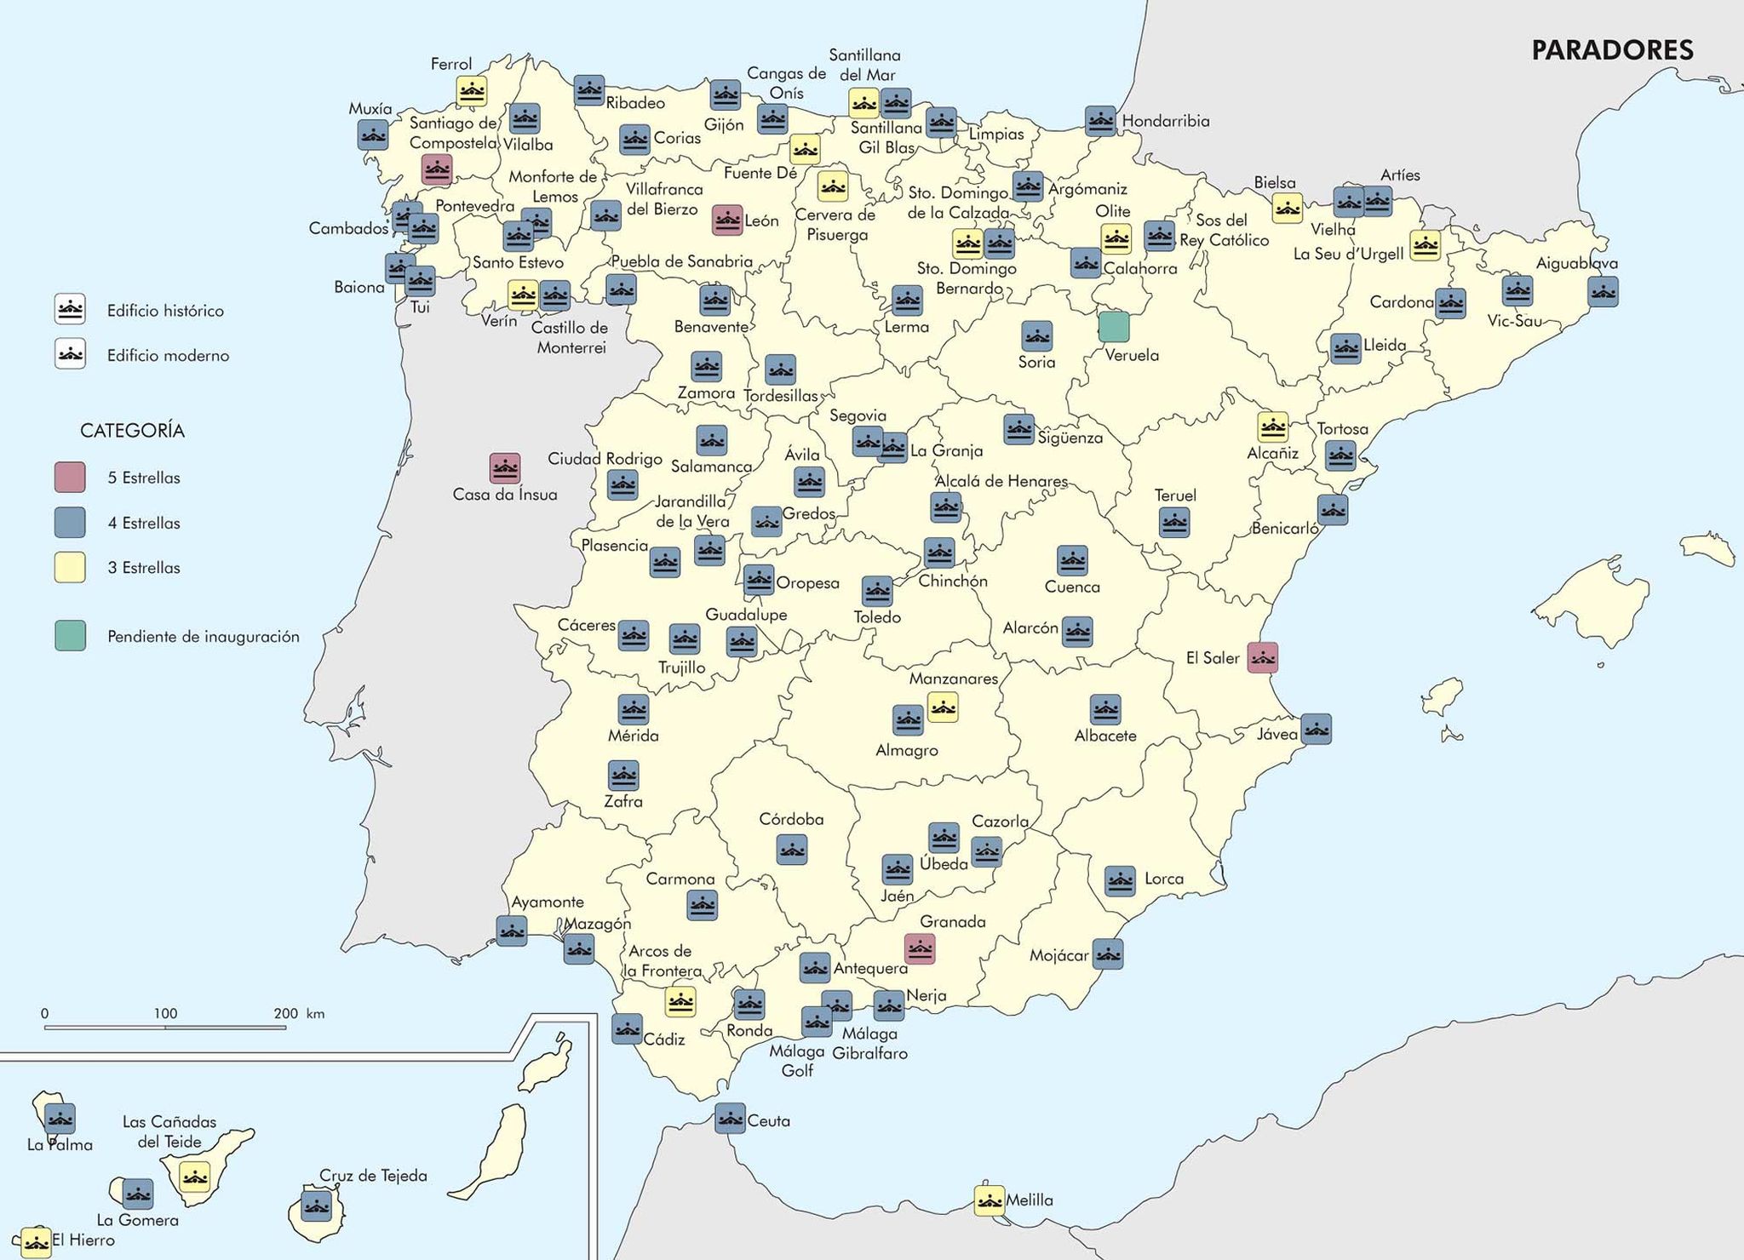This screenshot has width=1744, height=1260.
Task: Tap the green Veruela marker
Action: click(1114, 327)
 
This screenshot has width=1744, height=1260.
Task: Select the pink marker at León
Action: click(727, 220)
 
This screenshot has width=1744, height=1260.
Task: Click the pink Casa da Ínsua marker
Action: click(505, 467)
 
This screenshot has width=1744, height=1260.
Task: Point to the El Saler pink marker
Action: click(1262, 657)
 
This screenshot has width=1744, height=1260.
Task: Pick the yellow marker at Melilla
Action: click(989, 1200)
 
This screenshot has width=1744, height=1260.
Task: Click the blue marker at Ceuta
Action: click(730, 1118)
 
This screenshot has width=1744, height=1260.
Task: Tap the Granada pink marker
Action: click(920, 948)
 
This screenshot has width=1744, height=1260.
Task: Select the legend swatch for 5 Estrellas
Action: click(70, 478)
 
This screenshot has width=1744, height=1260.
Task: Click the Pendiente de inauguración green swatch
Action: click(70, 636)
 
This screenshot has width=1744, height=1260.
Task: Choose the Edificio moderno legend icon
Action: click(70, 354)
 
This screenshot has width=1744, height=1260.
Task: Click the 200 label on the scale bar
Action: click(286, 1013)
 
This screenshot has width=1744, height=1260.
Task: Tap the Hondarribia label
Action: click(1165, 121)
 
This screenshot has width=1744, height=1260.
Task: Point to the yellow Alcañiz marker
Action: click(1272, 427)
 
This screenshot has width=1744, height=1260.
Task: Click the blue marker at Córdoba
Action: click(792, 850)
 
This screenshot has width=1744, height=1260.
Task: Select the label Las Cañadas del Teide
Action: click(169, 1131)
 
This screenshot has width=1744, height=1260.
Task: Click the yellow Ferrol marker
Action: click(471, 90)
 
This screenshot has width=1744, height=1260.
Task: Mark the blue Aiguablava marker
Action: click(1603, 292)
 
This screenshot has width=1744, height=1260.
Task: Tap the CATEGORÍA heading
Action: click(132, 431)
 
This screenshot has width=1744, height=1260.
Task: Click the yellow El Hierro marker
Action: click(36, 1241)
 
